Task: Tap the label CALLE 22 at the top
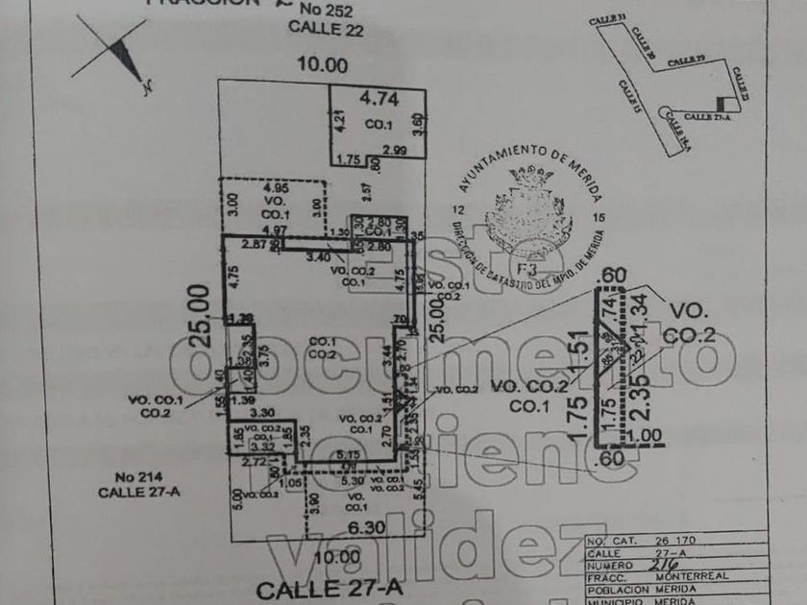[x=327, y=29]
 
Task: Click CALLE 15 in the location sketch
[x=629, y=97]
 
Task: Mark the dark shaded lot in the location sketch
[x=721, y=104]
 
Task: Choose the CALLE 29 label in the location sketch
[x=686, y=60]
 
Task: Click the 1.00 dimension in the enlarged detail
[x=648, y=435]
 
